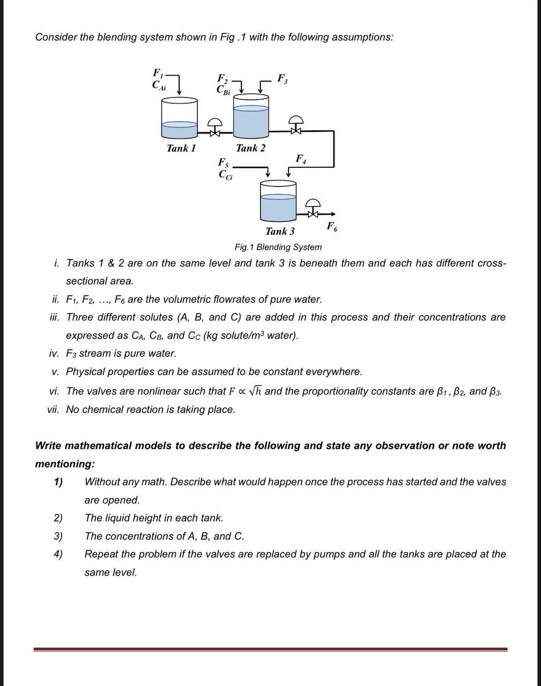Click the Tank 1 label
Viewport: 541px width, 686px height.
coord(181,148)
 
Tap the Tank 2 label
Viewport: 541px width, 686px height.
coord(250,148)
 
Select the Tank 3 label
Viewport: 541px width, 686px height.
coord(279,232)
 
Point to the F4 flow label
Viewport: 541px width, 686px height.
coord(301,159)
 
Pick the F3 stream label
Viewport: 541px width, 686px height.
coord(282,78)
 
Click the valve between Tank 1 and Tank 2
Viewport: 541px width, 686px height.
coord(215,128)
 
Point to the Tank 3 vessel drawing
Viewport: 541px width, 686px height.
coord(278,200)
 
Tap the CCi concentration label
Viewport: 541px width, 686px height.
coord(225,175)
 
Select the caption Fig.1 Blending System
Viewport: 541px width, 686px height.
coord(278,247)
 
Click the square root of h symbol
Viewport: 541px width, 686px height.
coord(255,391)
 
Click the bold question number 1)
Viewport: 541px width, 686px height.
coord(58,482)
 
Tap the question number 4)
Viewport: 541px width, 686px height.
coord(58,554)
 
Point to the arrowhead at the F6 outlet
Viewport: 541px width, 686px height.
coord(333,213)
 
